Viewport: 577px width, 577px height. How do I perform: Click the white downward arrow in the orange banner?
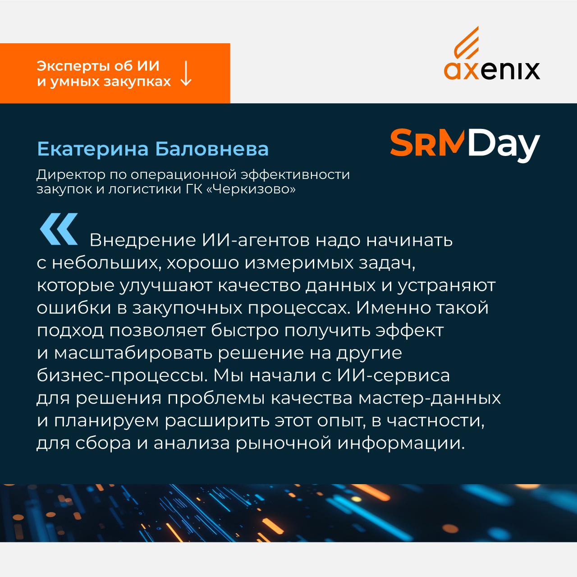pos(186,73)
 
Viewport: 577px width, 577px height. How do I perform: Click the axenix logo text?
pos(492,71)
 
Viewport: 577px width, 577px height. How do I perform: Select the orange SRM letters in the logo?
pos(427,142)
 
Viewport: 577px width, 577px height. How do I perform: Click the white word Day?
pos(504,145)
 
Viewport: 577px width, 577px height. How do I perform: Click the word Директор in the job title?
pos(71,175)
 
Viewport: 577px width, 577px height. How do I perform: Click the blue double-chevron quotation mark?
pos(59,229)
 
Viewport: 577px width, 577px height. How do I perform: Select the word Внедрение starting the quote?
pos(142,240)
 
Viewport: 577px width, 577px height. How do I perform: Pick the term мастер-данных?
pos(430,398)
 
